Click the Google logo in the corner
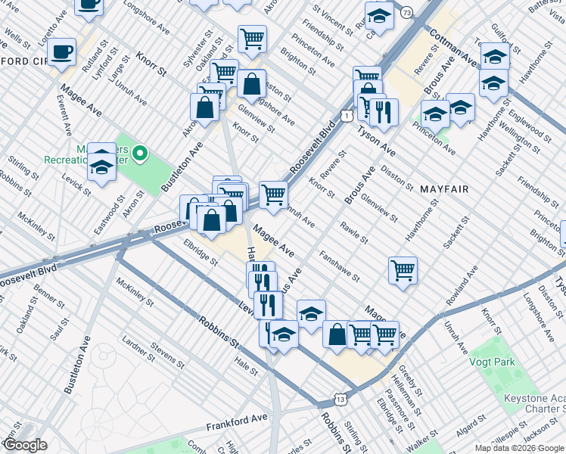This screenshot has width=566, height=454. tap(25, 445)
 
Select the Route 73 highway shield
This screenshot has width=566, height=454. tap(407, 13)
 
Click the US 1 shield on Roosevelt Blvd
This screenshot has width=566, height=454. tap(345, 115)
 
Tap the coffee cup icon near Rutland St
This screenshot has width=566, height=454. tap(62, 51)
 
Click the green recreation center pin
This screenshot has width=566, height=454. tap(138, 154)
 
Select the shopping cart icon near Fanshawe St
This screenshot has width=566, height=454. tap(403, 270)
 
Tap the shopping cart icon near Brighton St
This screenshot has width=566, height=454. tap(252, 38)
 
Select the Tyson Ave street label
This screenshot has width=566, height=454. tap(376, 138)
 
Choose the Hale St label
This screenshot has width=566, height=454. tap(247, 368)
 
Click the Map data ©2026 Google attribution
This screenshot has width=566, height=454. tap(519, 448)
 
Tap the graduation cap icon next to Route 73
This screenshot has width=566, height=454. tap(379, 16)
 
